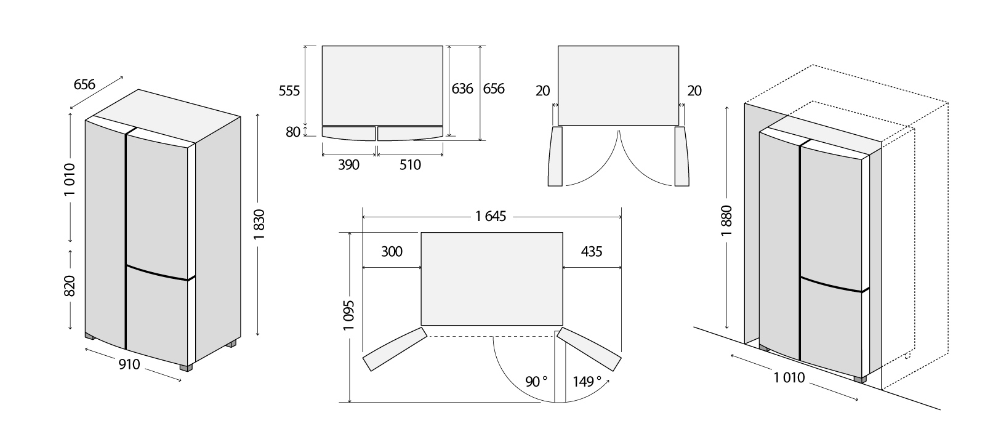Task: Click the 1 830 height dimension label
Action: point(259,224)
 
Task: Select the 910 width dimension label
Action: point(129,364)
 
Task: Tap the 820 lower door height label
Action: point(70,286)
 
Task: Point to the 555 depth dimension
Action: point(289,90)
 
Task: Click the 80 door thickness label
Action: point(293,132)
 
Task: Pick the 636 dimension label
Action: point(462,89)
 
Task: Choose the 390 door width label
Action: point(348,165)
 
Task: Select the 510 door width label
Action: point(410,165)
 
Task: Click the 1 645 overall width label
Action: point(491,216)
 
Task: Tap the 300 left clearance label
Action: point(392,252)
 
